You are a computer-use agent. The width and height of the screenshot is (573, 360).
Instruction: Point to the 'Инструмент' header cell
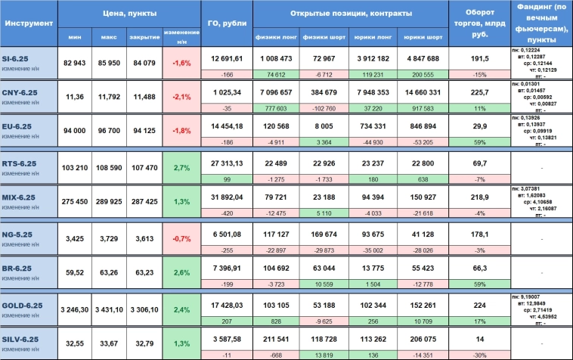coord(29,23)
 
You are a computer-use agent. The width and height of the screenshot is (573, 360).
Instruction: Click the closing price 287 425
coord(143,203)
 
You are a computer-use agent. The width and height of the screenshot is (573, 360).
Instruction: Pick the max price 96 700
coord(108,132)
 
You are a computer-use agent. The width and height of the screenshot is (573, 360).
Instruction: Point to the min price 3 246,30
coord(73,309)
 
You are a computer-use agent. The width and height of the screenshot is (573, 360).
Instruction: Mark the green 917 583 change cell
coord(423,108)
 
